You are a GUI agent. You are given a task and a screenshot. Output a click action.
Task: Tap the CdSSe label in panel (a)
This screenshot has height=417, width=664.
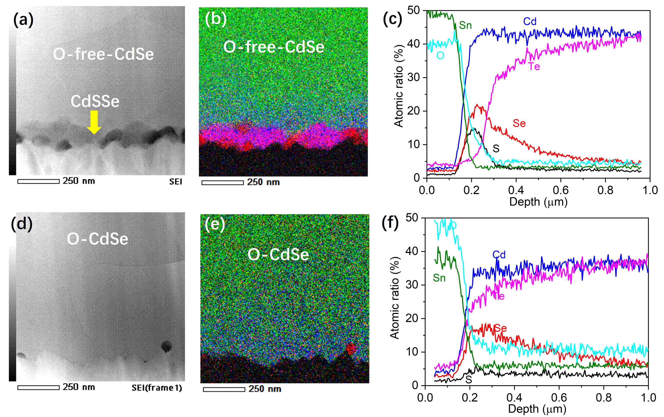[95, 101]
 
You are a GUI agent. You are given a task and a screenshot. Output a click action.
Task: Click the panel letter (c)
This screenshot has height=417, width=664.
[392, 19]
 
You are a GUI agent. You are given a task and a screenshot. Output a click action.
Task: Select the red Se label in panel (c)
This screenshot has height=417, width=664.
[519, 123]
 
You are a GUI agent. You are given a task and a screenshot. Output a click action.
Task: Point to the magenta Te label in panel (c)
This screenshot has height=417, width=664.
[534, 66]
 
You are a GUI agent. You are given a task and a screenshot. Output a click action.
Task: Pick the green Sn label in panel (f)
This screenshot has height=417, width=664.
[439, 278]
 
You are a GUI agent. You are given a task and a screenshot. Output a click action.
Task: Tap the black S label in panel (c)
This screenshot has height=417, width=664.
[496, 149]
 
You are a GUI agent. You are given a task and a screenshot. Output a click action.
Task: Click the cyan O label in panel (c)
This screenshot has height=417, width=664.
[440, 56]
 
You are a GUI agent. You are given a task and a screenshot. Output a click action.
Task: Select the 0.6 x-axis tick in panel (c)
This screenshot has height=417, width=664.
[561, 190]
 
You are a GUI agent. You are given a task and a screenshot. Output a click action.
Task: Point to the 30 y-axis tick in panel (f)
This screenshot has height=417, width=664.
[412, 285]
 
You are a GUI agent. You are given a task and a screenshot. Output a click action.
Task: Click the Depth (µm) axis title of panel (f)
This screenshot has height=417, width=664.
[537, 409]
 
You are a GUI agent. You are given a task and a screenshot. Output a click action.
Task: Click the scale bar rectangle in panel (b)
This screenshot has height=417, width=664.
[223, 183]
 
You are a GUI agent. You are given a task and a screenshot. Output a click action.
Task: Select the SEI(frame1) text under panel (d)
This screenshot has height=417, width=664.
[157, 388]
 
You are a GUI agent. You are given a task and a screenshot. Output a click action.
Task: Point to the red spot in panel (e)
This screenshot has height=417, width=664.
[350, 349]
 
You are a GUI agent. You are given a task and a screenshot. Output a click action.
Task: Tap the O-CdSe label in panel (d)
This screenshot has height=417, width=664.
[97, 239]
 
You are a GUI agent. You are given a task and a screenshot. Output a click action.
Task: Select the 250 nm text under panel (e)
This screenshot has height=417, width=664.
[265, 389]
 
